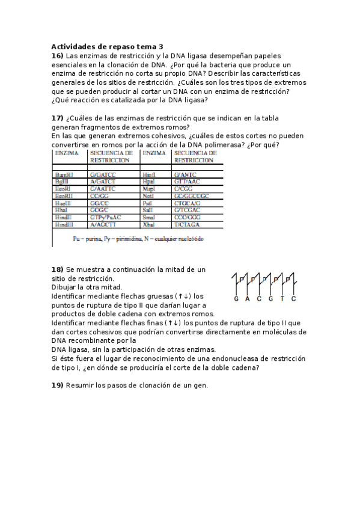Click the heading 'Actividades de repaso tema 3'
[x=107, y=46]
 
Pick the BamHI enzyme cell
[x=64, y=174]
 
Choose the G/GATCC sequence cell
[x=102, y=174]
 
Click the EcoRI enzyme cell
[x=63, y=189]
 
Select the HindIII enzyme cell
[x=64, y=224]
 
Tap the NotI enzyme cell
[x=149, y=196]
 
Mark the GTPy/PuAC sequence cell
[x=106, y=217]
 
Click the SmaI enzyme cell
[x=150, y=217]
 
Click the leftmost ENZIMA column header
[x=67, y=153]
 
